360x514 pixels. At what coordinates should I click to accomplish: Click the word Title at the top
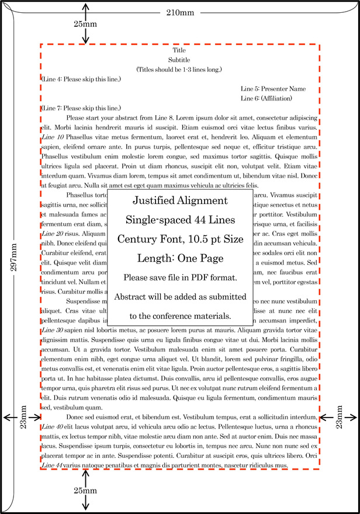179,50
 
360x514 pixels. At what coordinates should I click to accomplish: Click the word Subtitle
179,60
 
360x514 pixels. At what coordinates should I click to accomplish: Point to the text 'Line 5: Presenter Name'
273,89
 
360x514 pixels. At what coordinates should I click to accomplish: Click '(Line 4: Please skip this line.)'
81,79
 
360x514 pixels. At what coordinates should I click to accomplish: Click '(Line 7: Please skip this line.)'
81,108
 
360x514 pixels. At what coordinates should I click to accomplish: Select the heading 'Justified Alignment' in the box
179,201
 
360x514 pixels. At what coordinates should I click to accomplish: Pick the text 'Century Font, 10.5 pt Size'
179,239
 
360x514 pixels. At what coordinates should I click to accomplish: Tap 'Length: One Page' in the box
179,258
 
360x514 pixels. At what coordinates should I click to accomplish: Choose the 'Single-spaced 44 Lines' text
179,220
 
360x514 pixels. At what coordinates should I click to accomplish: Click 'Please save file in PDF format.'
179,277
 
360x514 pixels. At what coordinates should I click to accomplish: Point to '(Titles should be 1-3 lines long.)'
179,70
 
